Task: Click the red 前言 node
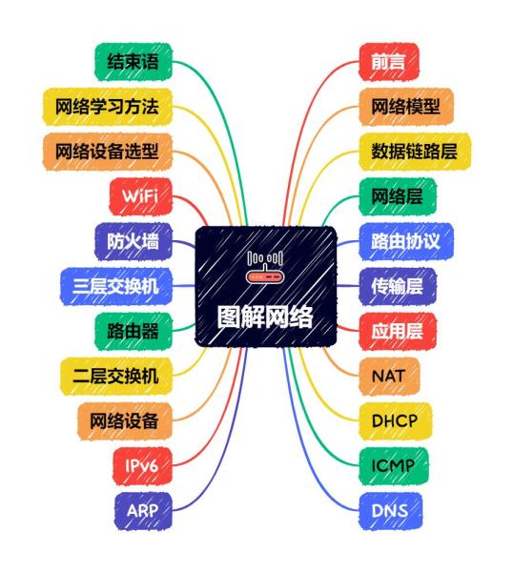pos(389,62)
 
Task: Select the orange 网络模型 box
pos(406,107)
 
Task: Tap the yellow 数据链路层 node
pos(415,152)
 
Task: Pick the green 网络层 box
pos(398,196)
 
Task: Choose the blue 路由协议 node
pos(406,241)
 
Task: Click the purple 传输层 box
pos(398,286)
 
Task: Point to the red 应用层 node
pos(398,331)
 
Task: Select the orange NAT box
pos(389,377)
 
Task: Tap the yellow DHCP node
pos(395,421)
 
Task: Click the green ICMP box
pos(393,466)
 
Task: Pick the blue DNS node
pos(390,511)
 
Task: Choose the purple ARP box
pos(143,511)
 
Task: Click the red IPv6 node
pos(142,466)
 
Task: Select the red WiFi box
pos(140,196)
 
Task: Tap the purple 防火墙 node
pos(133,241)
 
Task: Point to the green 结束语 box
pos(133,62)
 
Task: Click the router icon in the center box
pos(265,267)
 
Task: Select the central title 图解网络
pos(265,317)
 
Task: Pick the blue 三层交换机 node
pos(116,286)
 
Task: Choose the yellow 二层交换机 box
pos(116,377)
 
